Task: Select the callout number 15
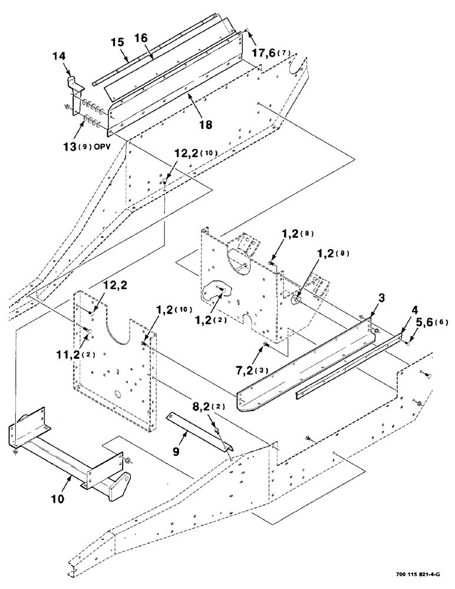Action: click(x=116, y=42)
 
